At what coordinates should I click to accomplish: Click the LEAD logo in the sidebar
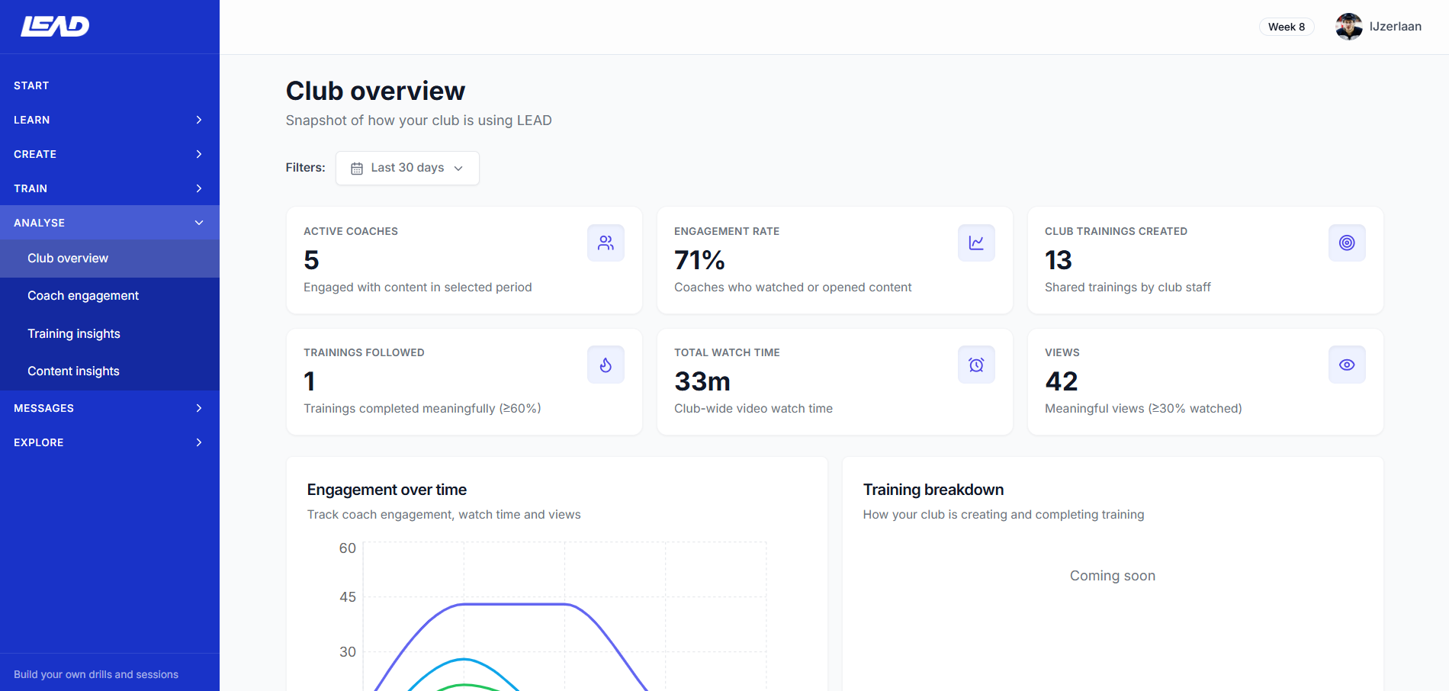pyautogui.click(x=55, y=26)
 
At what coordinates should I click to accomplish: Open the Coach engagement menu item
pyautogui.click(x=83, y=296)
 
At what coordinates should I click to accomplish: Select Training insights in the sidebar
pyautogui.click(x=74, y=333)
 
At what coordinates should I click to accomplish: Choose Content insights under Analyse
pyautogui.click(x=73, y=371)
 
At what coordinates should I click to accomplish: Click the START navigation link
pyautogui.click(x=31, y=85)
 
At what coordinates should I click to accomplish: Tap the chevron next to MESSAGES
pyautogui.click(x=199, y=408)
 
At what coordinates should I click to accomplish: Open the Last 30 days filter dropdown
pyautogui.click(x=407, y=168)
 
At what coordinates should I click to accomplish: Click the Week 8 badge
pyautogui.click(x=1286, y=27)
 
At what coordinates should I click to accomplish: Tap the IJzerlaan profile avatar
pyautogui.click(x=1348, y=27)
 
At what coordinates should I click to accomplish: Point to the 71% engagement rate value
pyautogui.click(x=699, y=260)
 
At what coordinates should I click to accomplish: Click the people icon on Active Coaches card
pyautogui.click(x=606, y=243)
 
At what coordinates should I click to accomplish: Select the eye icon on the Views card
pyautogui.click(x=1347, y=365)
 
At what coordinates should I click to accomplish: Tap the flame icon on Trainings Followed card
pyautogui.click(x=606, y=365)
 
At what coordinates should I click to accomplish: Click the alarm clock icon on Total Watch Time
pyautogui.click(x=976, y=365)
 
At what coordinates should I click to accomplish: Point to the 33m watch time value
pyautogui.click(x=702, y=381)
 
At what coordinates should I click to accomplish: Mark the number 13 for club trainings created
pyautogui.click(x=1059, y=260)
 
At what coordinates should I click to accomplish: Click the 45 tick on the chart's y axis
pyautogui.click(x=348, y=597)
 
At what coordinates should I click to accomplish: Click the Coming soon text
pyautogui.click(x=1112, y=576)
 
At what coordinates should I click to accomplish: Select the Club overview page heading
pyautogui.click(x=375, y=91)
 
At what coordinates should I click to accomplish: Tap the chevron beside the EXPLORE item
pyautogui.click(x=199, y=442)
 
